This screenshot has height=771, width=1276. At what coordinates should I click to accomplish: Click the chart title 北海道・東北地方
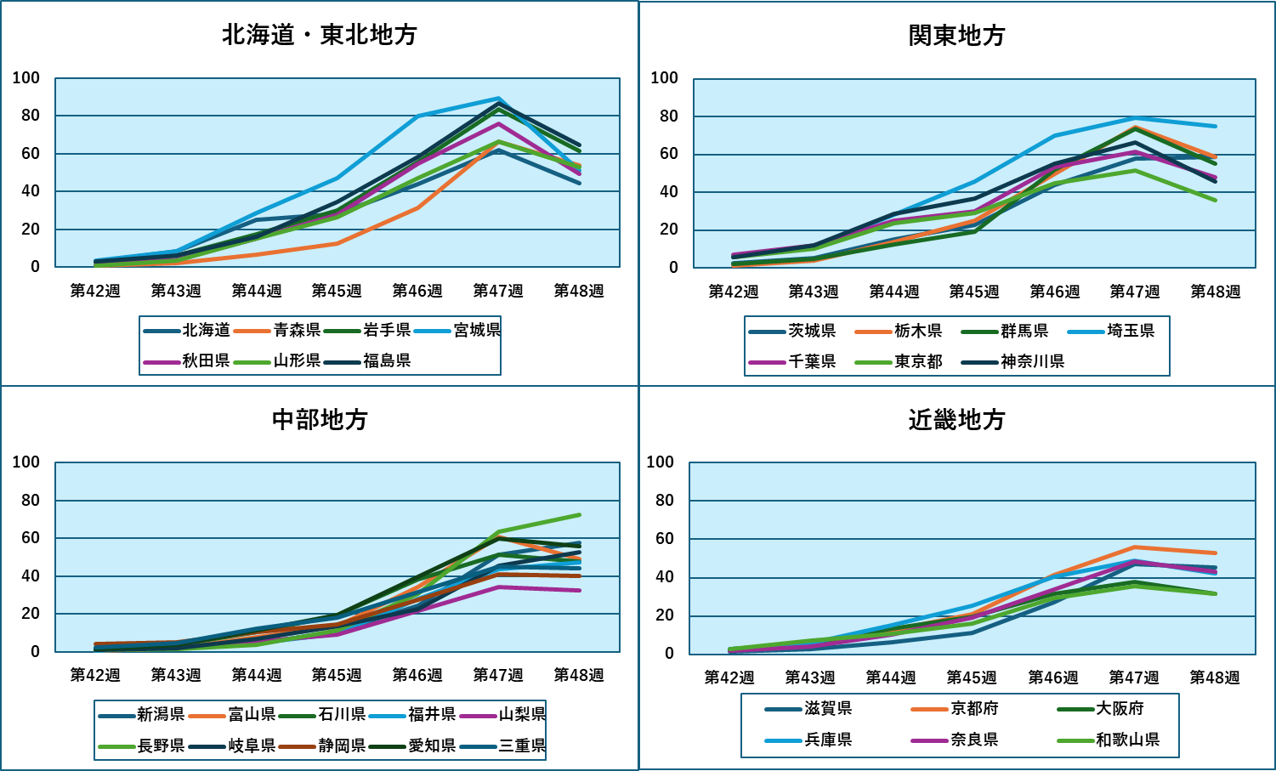pyautogui.click(x=320, y=35)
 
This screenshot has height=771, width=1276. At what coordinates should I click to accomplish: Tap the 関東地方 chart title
pyautogui.click(x=956, y=36)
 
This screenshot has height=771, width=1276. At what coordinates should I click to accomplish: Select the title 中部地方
pyautogui.click(x=320, y=420)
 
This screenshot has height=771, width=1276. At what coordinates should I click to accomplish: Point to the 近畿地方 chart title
pyautogui.click(x=956, y=420)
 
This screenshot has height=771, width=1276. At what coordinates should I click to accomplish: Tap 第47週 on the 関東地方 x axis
pyautogui.click(x=1135, y=292)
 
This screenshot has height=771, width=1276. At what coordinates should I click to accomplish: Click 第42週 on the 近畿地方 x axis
pyautogui.click(x=729, y=677)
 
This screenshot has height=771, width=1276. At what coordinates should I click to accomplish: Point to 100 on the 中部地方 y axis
pyautogui.click(x=26, y=462)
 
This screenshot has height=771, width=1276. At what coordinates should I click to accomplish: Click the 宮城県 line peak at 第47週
pyautogui.click(x=499, y=99)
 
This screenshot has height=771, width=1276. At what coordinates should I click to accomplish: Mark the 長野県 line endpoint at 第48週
pyautogui.click(x=580, y=514)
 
